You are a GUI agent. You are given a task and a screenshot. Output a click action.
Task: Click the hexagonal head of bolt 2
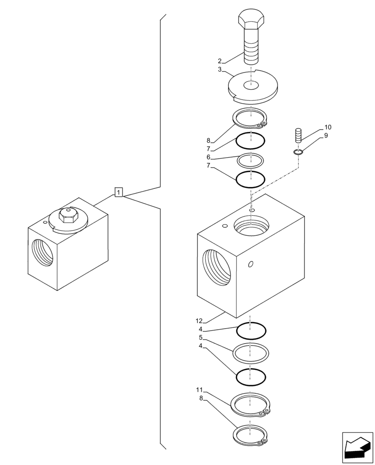click(x=252, y=20)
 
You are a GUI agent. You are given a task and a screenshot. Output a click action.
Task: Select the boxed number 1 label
click(x=119, y=192)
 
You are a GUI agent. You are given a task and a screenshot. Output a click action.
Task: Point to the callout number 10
click(x=328, y=127)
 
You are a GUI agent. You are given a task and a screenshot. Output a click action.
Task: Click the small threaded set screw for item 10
click(x=298, y=136)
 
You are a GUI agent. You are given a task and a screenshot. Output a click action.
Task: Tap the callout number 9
click(x=326, y=136)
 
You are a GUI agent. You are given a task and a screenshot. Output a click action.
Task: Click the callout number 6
click(x=209, y=157)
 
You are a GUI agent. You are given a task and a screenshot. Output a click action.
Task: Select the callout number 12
click(x=199, y=321)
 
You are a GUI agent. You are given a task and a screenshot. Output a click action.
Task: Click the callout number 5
click(x=200, y=338)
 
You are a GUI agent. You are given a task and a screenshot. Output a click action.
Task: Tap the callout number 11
click(x=199, y=390)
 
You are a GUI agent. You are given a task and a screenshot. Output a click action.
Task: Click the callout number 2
click(x=220, y=61)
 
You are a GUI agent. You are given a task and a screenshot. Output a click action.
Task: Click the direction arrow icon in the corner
click(x=357, y=447)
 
